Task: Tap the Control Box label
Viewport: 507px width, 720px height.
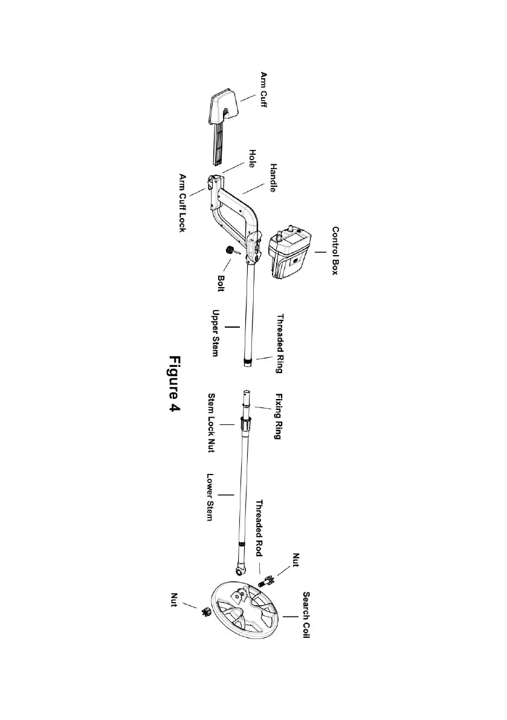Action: (x=335, y=251)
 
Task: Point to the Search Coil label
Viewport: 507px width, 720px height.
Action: (x=306, y=615)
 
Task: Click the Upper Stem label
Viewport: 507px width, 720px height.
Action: (x=214, y=333)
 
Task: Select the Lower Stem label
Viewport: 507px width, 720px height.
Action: (x=211, y=498)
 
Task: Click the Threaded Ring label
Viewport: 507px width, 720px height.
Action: (x=280, y=343)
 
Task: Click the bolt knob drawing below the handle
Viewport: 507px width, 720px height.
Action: (x=230, y=250)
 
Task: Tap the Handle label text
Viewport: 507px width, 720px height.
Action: (x=273, y=178)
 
